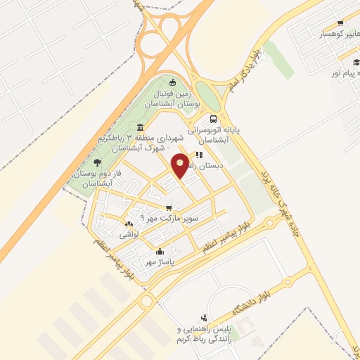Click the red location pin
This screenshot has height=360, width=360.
click(x=181, y=165)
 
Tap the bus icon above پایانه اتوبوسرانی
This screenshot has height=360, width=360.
click(x=213, y=119)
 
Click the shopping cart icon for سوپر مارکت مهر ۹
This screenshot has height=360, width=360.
click(x=169, y=207)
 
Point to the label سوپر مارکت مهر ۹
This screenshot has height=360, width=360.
click(x=163, y=219)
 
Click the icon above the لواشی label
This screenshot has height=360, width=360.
click(x=128, y=223)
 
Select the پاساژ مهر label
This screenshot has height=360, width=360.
click(x=159, y=262)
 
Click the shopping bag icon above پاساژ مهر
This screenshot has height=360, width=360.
click(x=160, y=251)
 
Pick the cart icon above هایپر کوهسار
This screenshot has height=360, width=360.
click(x=340, y=22)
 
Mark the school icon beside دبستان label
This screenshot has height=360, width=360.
click(x=200, y=155)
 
